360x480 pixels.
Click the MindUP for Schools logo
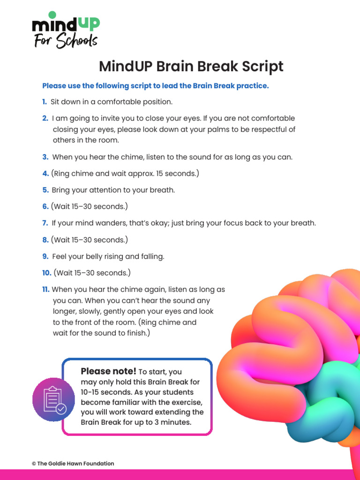click(65, 30)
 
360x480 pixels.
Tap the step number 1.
click(44, 102)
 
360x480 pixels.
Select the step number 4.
click(45, 173)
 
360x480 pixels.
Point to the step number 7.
click(45, 223)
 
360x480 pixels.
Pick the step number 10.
click(46, 273)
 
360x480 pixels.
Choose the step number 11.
click(46, 290)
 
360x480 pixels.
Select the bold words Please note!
click(108, 372)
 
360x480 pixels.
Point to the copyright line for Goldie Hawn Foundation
click(73, 464)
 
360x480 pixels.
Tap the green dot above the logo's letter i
click(52, 15)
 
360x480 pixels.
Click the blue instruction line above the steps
click(155, 86)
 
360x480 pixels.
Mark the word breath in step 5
click(162, 190)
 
